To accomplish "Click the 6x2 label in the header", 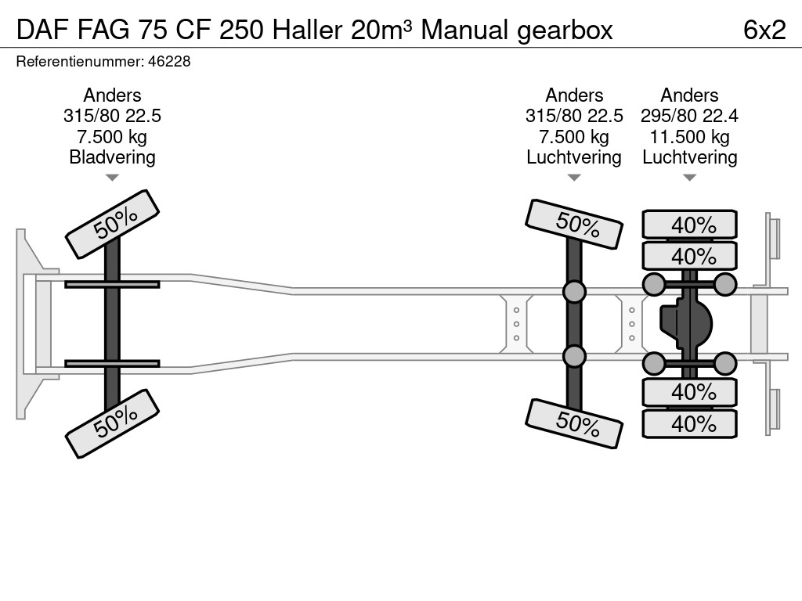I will pos(764,29).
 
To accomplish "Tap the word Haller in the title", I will pos(307,29).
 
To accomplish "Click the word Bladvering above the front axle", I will pos(112,157).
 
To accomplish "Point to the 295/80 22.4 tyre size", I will pos(689,116).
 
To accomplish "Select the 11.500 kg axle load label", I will pos(689,137).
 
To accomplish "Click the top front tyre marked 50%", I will pos(113,225).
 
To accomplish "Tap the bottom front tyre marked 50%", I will pos(113,423).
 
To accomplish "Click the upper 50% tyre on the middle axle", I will pos(574,225).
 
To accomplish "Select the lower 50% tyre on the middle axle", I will pos(574,423).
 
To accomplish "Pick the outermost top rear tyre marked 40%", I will pos(690,225).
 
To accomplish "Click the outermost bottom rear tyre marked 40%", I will pos(690,424).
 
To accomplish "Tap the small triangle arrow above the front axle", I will pos(112,178).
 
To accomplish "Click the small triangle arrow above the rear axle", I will pos(689,178).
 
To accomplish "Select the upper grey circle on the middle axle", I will pos(574,292).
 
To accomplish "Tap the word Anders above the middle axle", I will pos(574,95).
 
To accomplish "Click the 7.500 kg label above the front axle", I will pos(112,137).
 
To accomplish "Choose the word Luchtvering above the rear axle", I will pos(689,157).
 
